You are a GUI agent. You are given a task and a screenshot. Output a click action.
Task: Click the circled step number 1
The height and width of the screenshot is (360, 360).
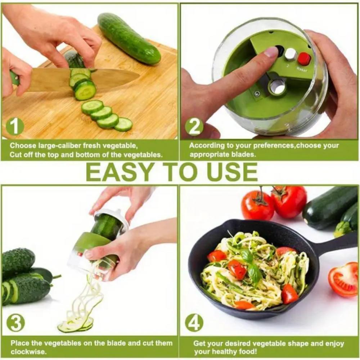[x=15, y=127]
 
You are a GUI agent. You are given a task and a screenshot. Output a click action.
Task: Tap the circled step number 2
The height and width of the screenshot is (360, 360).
[x=194, y=126]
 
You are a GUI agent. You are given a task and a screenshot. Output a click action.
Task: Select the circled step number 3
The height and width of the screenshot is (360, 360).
[x=15, y=323]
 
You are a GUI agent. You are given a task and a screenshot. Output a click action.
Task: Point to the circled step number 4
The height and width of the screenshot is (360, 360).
[x=194, y=323]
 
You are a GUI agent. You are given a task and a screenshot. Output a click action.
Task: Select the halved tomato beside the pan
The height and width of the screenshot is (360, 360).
[x=343, y=279]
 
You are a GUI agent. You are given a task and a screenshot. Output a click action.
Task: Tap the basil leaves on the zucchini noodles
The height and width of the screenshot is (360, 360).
[x=251, y=265]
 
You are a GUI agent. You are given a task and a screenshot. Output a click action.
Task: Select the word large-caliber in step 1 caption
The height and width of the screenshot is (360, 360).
[x=58, y=146]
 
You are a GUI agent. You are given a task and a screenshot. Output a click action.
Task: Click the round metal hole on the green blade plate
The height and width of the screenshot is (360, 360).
[x=277, y=86]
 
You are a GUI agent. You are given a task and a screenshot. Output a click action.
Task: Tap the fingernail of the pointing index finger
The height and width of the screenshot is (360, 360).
[x=271, y=52]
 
